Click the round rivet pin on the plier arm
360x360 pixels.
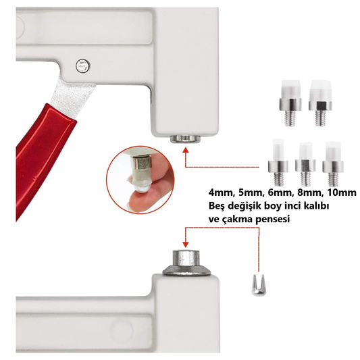point(82,66)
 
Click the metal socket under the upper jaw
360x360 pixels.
point(186,138)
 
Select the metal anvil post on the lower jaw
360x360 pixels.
point(186,263)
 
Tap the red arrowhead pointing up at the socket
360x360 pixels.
point(186,150)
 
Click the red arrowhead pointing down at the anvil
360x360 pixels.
point(186,245)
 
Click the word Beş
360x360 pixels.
point(217,206)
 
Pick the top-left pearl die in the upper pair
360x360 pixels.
point(290,103)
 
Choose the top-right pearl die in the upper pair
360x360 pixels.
point(321,103)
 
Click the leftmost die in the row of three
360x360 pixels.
point(278,162)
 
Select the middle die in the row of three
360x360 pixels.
point(305,163)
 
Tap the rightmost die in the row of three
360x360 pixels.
point(333,163)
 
